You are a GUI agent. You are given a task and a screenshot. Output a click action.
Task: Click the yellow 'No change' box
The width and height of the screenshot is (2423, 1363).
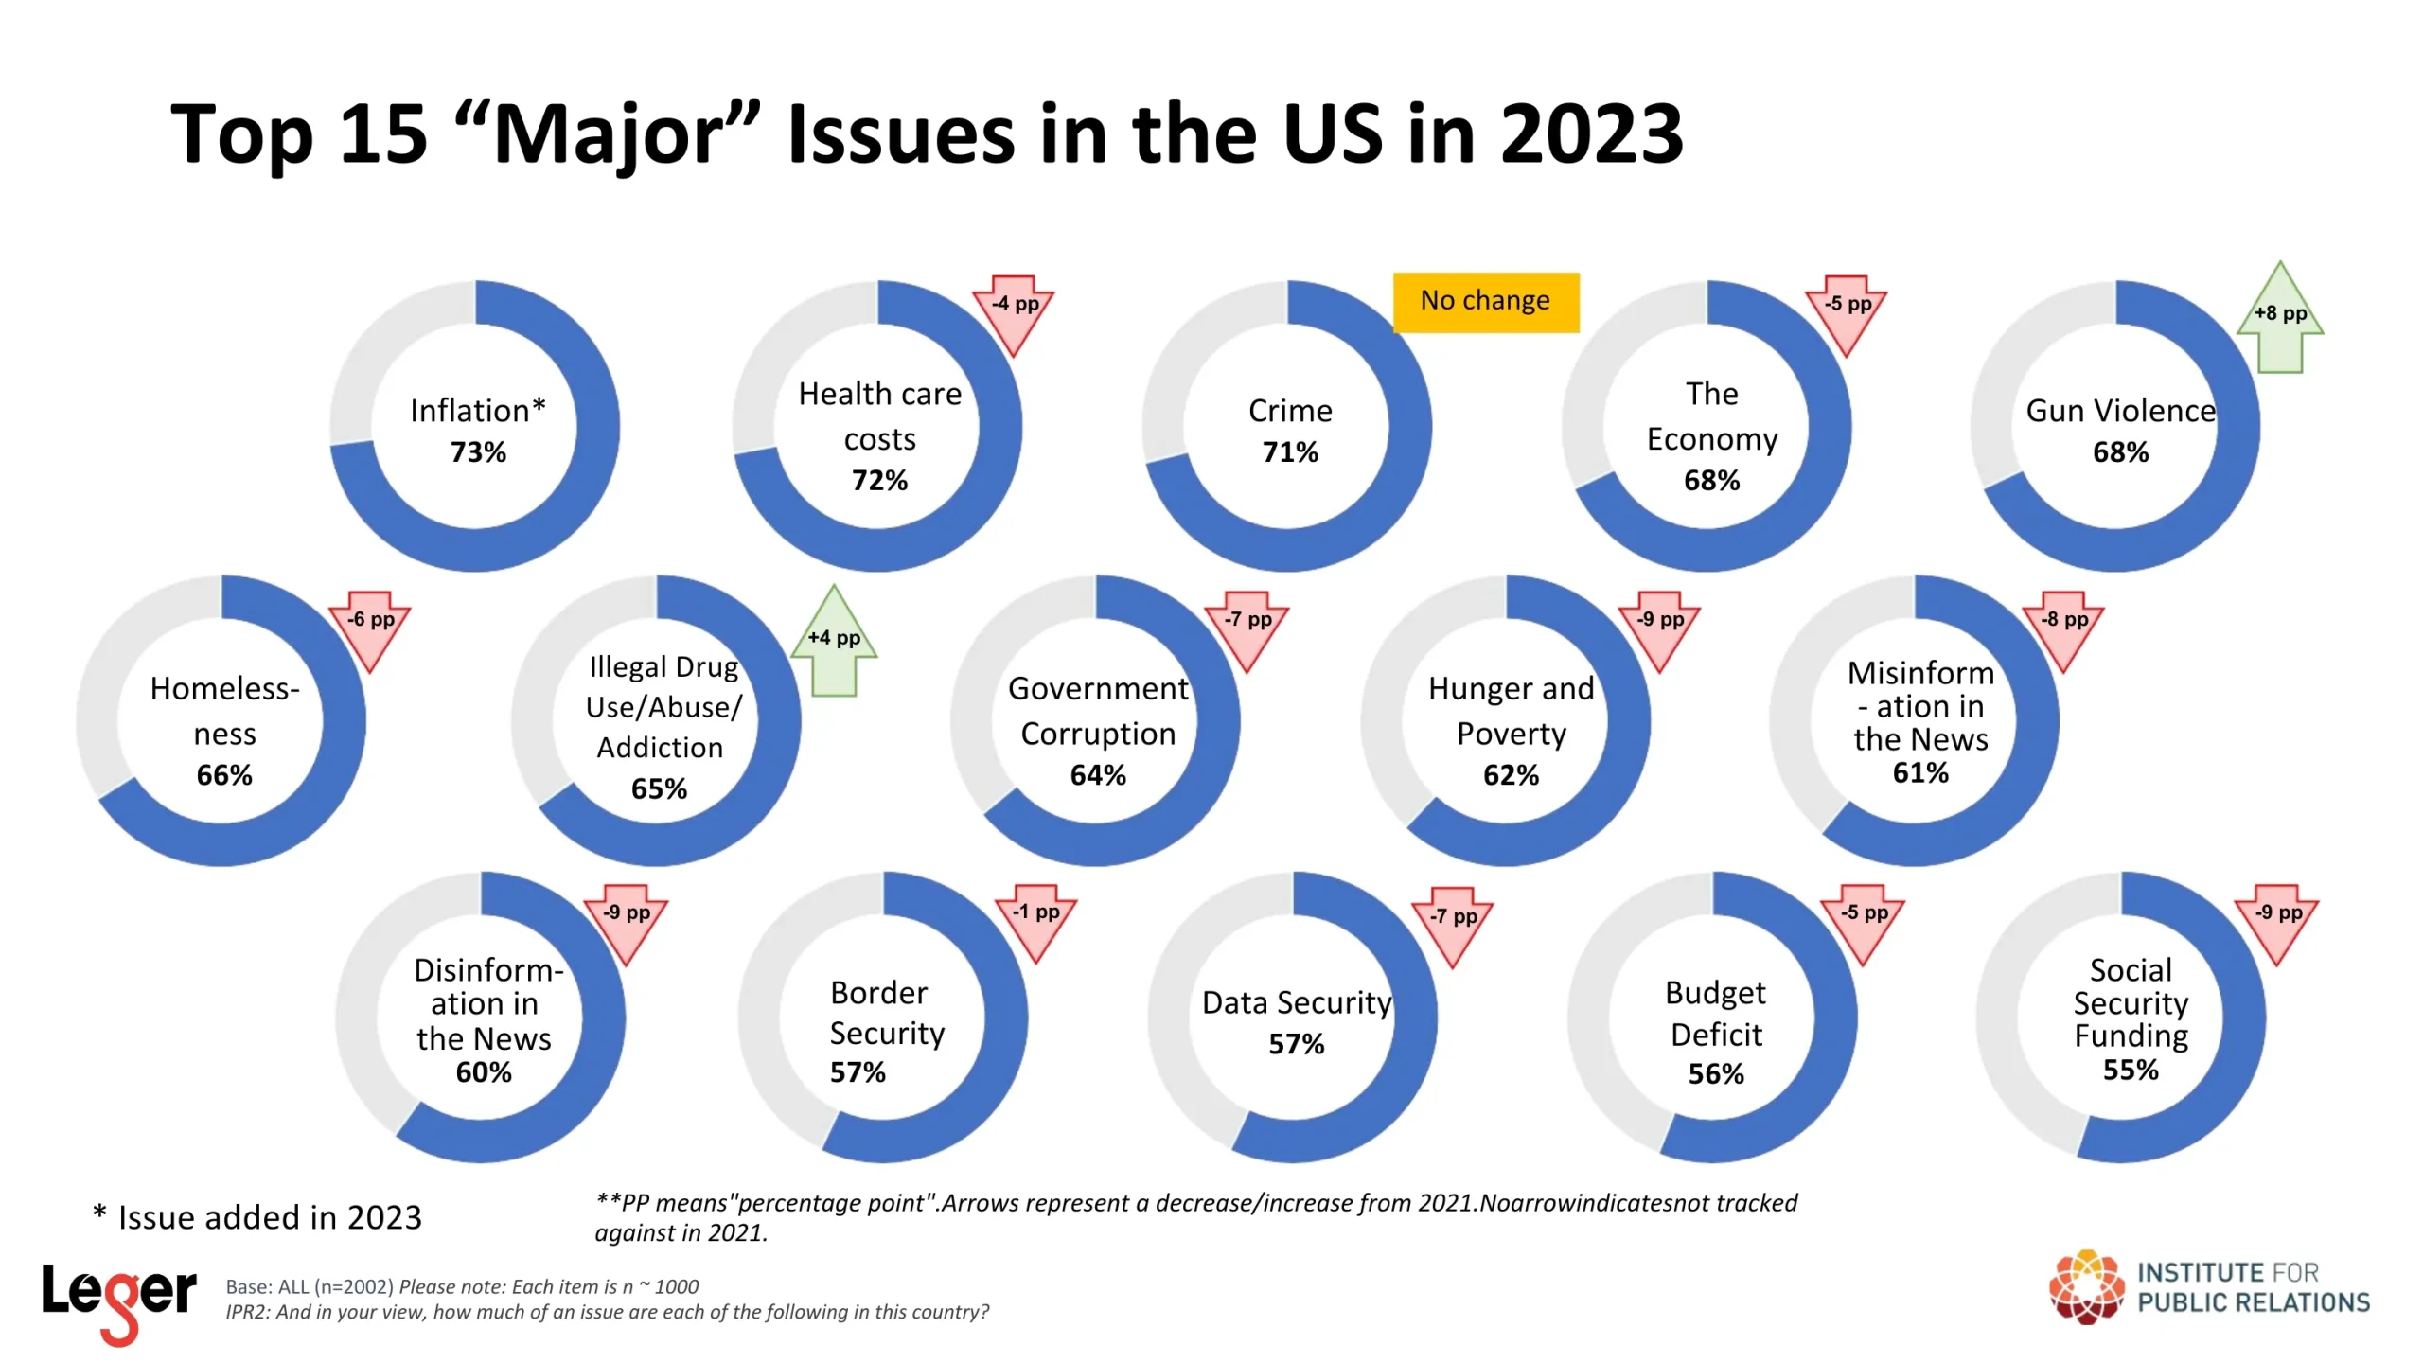1485,302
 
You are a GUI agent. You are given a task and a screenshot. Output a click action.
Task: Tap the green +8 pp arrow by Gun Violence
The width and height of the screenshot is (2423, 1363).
2279,319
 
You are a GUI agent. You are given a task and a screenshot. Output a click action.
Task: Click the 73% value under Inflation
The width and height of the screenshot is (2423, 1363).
478,452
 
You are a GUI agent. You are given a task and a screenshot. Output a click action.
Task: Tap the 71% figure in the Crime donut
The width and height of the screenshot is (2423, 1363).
1290,452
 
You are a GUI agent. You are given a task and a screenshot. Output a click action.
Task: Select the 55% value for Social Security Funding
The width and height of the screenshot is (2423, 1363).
2131,1071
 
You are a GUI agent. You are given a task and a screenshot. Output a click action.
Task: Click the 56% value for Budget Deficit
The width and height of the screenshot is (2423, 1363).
1716,1074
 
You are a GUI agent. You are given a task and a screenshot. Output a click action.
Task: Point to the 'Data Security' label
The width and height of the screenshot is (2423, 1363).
1297,1002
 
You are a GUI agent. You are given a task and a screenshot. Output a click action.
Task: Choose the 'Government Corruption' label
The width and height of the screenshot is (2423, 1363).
1098,711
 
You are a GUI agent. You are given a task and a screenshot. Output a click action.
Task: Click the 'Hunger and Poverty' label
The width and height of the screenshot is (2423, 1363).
1511,711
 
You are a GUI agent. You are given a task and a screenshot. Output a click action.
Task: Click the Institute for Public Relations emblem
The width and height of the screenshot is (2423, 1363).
2086,1287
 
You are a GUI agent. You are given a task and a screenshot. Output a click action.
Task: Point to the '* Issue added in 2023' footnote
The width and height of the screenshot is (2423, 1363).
257,1217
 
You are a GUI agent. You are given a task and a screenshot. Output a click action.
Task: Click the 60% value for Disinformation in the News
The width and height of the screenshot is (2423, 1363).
484,1072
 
